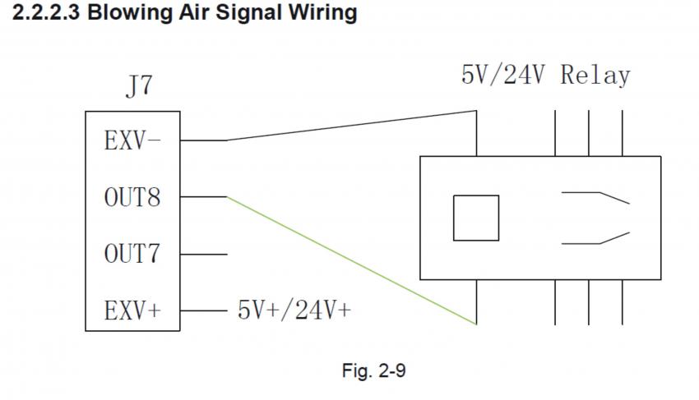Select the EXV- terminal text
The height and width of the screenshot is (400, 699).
coord(132,140)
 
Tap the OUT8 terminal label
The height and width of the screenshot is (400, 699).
coord(132,198)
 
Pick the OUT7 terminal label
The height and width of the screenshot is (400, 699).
coord(132,255)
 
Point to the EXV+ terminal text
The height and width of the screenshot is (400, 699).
coord(132,311)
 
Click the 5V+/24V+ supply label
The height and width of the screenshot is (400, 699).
coord(294,310)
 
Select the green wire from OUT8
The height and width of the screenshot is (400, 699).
coord(354,260)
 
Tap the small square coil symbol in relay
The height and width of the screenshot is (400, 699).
coord(476,218)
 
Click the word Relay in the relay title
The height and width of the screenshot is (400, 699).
coord(595,76)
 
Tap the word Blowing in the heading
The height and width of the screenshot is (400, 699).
coord(138,14)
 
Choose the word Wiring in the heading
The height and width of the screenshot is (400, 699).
coord(326,14)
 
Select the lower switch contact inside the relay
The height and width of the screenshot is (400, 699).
coord(595,239)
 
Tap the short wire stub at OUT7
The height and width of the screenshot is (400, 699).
coord(203,255)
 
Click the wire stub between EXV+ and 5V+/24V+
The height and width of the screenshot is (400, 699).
coord(203,311)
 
